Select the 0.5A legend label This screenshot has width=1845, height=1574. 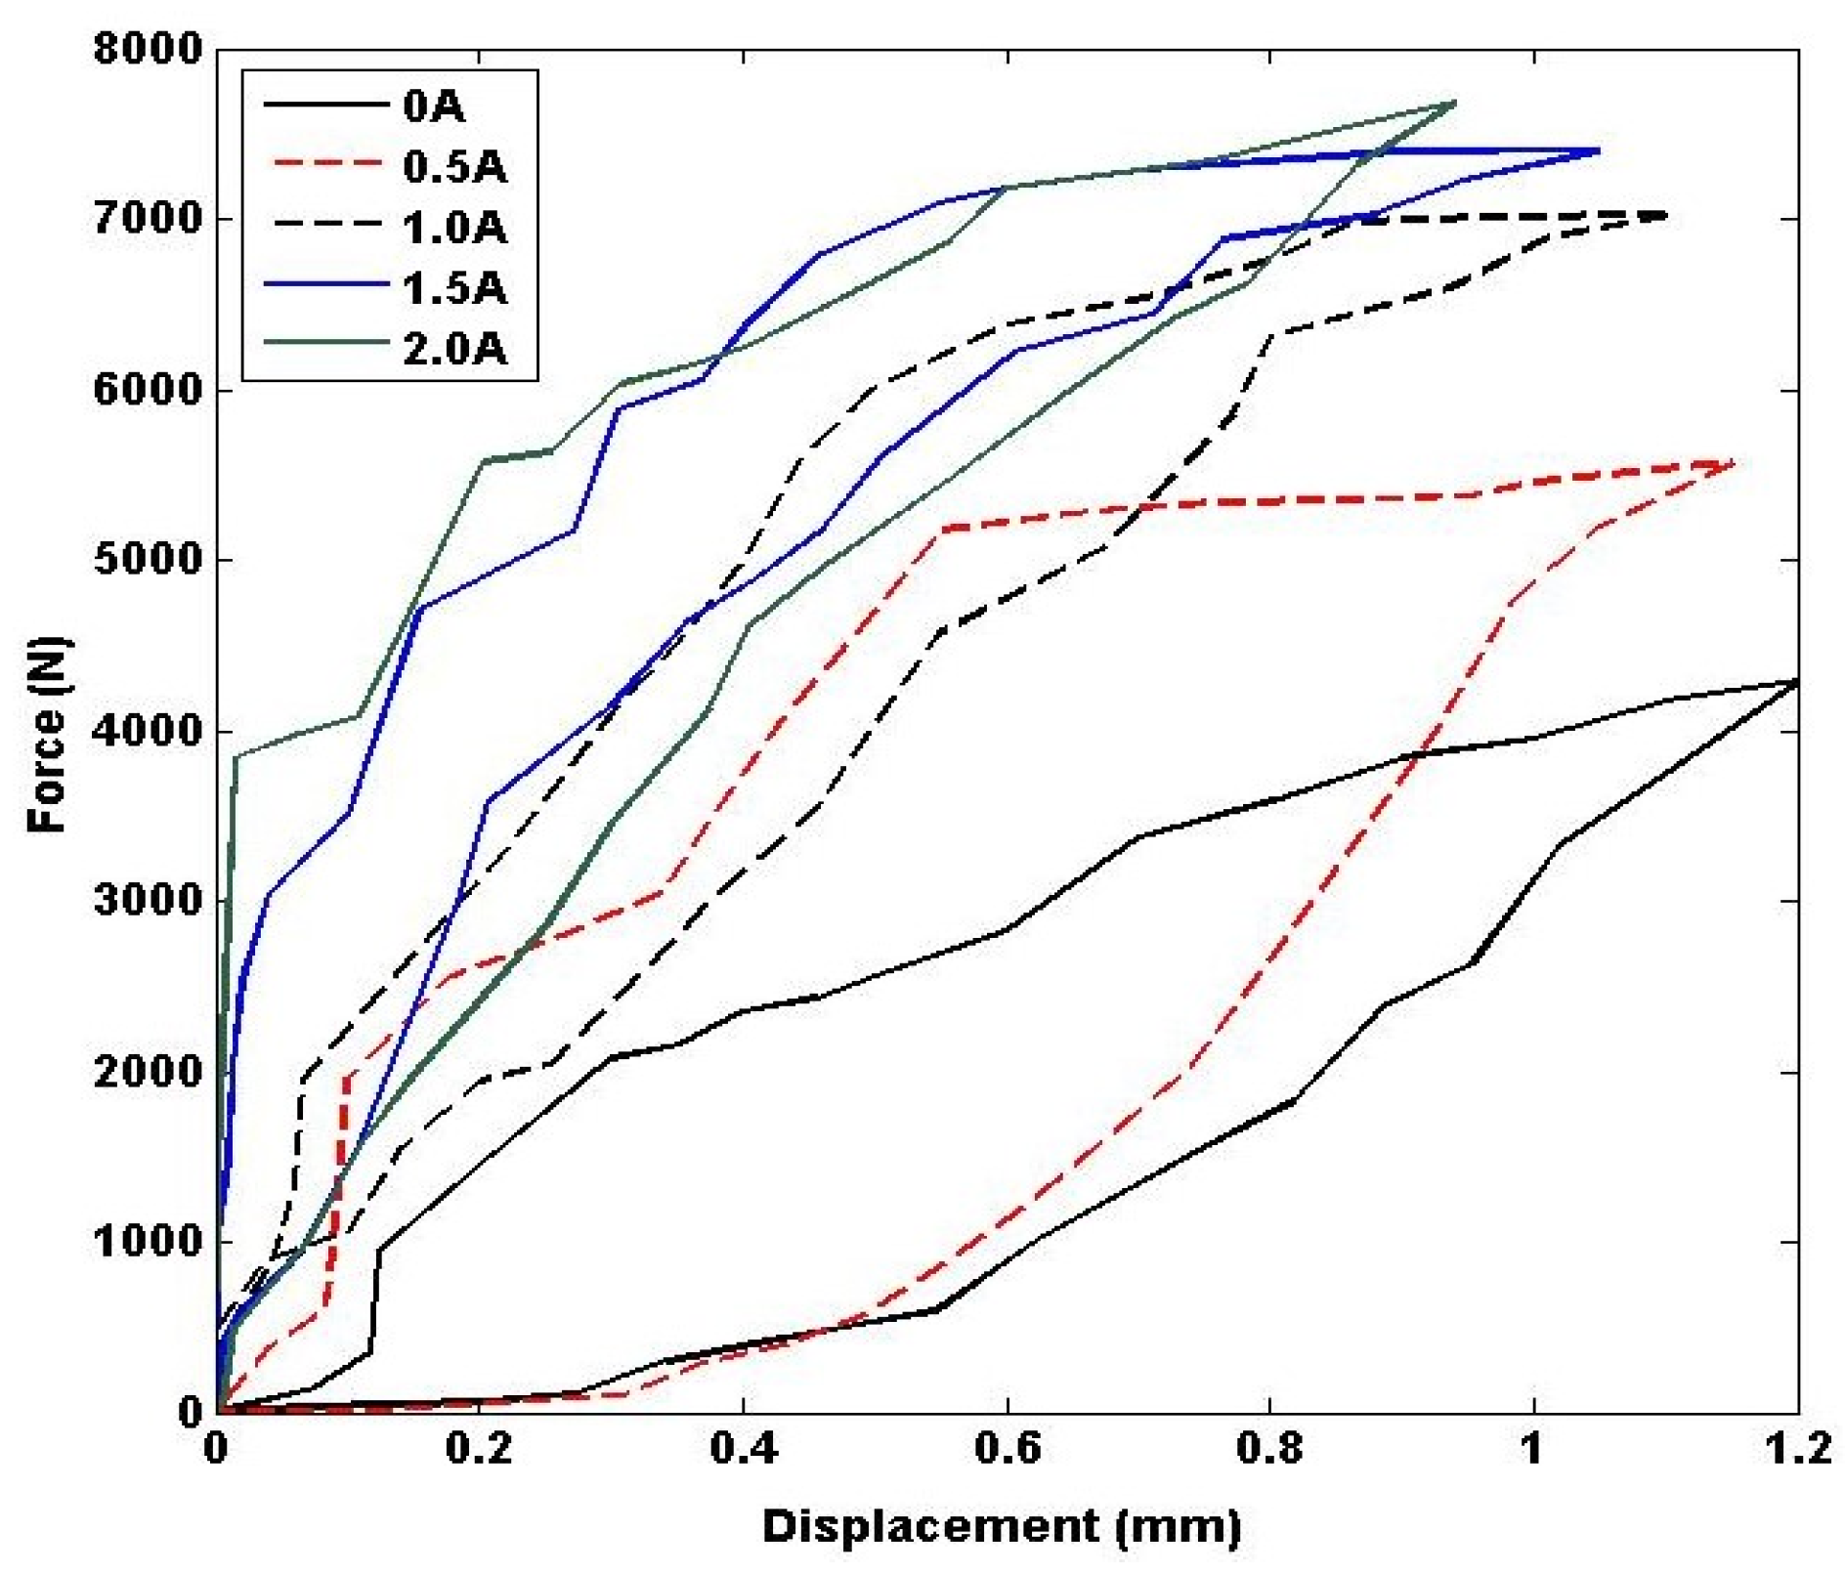(454, 167)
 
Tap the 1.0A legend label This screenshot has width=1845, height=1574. (454, 228)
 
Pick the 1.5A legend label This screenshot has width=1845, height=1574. (454, 288)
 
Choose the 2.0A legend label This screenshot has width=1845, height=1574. (454, 349)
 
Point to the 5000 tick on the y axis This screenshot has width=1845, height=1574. (148, 561)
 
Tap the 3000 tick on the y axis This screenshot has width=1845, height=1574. (148, 901)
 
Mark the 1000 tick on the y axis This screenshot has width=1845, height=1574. (148, 1242)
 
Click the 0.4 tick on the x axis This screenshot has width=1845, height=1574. (744, 1448)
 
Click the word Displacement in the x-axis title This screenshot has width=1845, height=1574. (929, 1526)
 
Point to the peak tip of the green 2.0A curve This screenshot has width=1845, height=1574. (1454, 102)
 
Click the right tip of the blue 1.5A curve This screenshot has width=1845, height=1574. (1597, 150)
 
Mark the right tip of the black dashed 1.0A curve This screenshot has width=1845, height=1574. (1664, 215)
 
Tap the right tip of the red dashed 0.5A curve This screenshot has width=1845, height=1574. (1732, 462)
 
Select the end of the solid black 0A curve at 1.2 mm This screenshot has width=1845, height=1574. (1796, 682)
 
